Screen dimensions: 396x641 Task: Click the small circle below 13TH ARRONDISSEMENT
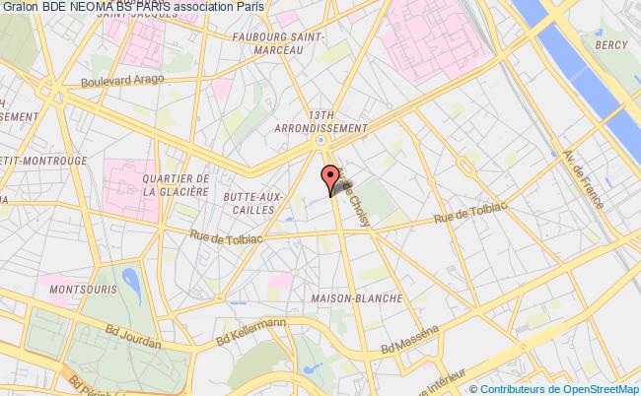click(321, 142)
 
